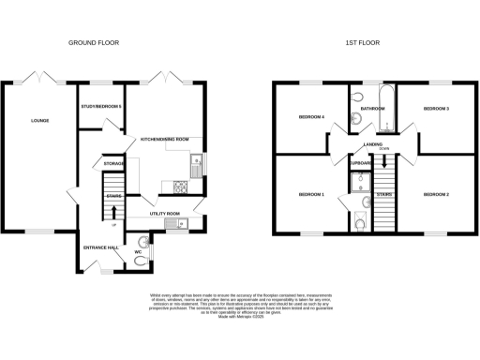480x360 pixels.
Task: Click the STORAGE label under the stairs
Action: pos(114,164)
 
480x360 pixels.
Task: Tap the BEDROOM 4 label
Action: pos(310,117)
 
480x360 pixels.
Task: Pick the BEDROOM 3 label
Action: pos(436,109)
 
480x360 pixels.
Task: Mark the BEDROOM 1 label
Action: pos(310,194)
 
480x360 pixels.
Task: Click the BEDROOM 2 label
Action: pos(436,194)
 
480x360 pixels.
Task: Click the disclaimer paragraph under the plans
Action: pos(240,307)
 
